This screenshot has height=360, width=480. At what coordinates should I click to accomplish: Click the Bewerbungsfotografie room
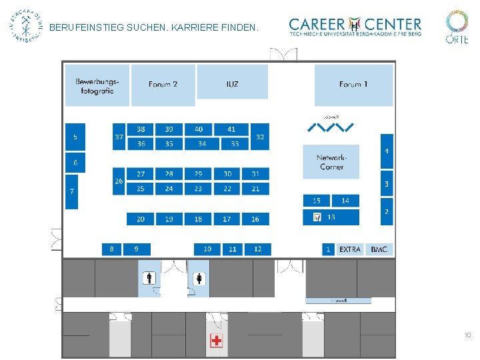click(x=97, y=85)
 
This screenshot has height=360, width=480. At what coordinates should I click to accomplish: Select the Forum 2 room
click(x=163, y=85)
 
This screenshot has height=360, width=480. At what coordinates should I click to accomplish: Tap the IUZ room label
click(x=232, y=84)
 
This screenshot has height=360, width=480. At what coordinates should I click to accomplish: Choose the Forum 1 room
click(x=353, y=84)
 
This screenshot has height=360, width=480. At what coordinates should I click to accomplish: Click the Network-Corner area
click(x=331, y=162)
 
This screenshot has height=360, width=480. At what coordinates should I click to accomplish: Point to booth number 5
click(x=75, y=137)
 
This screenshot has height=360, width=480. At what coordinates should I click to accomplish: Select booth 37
click(x=119, y=137)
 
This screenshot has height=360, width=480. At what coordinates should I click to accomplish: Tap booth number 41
click(x=231, y=129)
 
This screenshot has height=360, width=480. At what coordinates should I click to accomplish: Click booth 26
click(x=119, y=181)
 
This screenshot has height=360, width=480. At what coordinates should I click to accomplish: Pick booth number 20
click(x=141, y=219)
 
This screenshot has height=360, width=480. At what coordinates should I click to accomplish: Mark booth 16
click(x=255, y=219)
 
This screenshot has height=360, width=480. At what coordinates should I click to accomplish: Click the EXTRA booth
click(x=350, y=249)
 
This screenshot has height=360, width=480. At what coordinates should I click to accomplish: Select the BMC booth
click(x=379, y=249)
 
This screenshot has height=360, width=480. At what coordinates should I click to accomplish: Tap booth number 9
click(x=137, y=249)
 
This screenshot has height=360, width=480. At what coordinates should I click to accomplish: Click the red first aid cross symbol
click(x=216, y=341)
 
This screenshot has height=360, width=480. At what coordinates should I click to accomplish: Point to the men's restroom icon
click(x=150, y=278)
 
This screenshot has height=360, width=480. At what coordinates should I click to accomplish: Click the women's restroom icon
click(x=199, y=278)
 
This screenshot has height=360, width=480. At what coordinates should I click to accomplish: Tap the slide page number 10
click(x=467, y=335)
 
